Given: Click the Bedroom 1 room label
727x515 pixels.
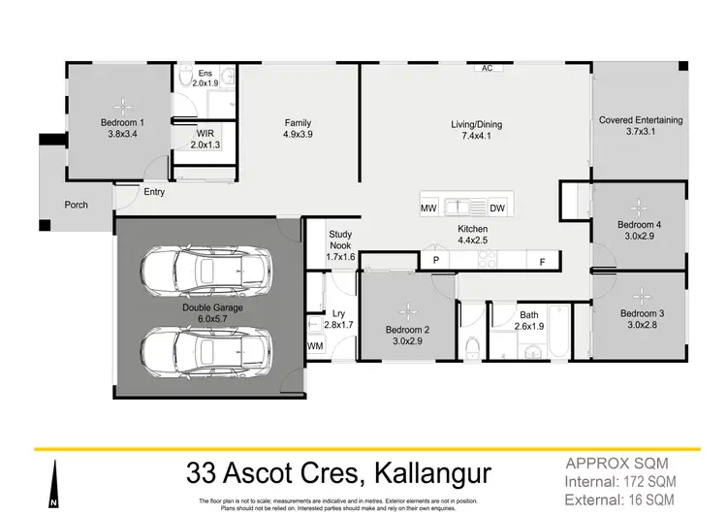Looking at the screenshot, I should (122, 123).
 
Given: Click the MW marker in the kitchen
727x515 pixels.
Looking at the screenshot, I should (428, 209).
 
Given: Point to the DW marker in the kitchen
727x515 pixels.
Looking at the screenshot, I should (497, 209).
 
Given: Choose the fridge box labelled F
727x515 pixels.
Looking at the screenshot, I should (543, 260).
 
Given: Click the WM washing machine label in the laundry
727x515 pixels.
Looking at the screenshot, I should (315, 345).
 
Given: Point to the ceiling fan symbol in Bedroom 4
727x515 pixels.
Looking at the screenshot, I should (638, 205).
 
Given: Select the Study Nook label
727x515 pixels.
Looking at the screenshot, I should (341, 240).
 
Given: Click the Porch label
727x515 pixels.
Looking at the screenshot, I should (77, 205).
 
